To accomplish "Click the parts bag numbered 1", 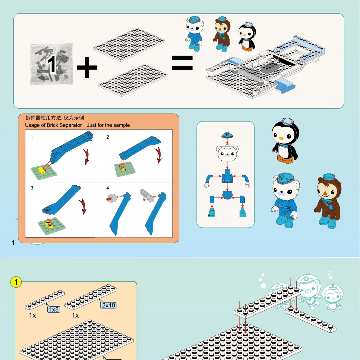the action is pos(51,64).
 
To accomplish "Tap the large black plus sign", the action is pos(87,67).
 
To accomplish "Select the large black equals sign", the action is pos(182,63).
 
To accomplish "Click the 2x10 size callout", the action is pos(108,305).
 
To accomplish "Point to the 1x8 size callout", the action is pos(54,309).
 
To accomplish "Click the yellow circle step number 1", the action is pos(16,282).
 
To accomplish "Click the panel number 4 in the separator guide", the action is pos(108,188).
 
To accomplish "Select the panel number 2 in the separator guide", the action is pos(108,137).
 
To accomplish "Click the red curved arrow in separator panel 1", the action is pos(86,156).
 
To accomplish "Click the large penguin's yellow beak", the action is pos(281,138).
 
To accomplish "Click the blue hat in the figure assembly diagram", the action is pos(227,135).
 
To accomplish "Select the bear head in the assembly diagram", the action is pos(227,153).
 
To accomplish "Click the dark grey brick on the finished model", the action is pos(270,68).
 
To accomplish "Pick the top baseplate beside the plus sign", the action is pos(129,45).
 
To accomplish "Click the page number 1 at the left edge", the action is pos(13,243).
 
